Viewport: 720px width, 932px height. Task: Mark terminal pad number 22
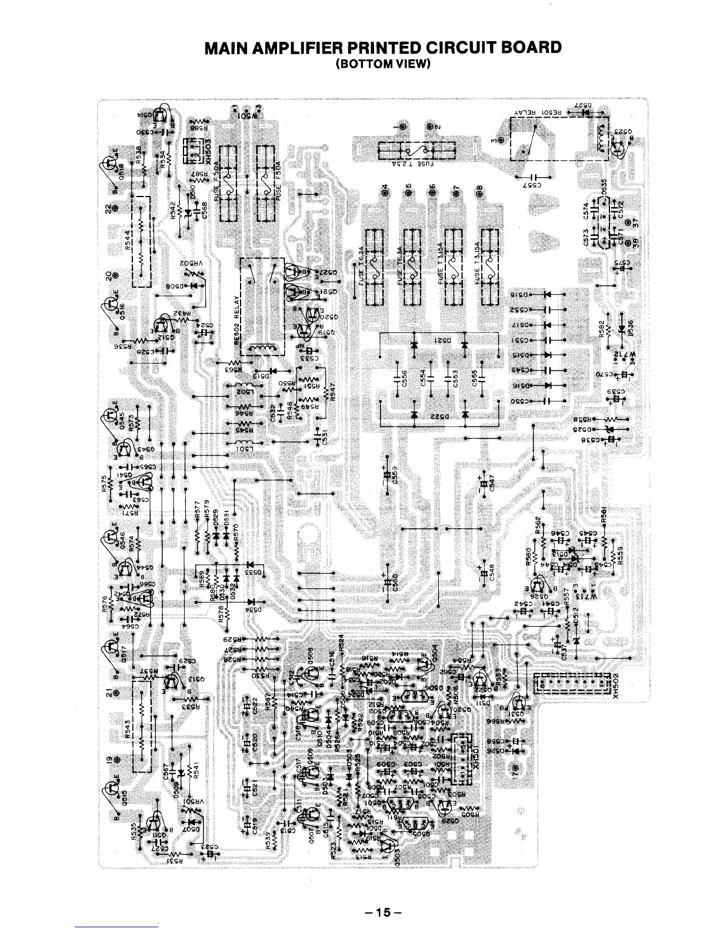click(x=115, y=209)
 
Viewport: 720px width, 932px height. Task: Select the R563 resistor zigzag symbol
click(x=234, y=362)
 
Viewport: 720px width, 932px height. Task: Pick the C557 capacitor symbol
click(x=533, y=176)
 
